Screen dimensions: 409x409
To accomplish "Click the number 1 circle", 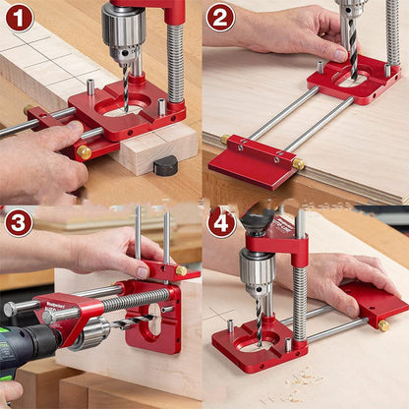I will (19, 18).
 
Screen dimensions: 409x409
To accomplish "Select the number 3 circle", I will (19, 223).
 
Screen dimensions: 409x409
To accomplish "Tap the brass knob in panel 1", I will (84, 152).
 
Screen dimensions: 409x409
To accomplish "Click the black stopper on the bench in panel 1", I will (165, 165).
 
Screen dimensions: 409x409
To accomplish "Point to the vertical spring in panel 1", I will (176, 64).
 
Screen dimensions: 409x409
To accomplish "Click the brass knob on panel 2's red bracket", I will (298, 163).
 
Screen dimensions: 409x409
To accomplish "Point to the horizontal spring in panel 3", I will (138, 299).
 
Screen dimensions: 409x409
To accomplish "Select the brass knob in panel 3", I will (181, 270).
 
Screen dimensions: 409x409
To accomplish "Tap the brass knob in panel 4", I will (383, 325).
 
